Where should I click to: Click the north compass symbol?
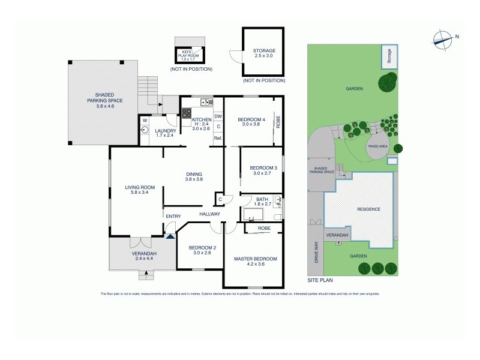pos(442,38)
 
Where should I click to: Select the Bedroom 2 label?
pos(199,250)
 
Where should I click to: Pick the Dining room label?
pos(194,176)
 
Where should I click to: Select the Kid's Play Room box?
pos(189,55)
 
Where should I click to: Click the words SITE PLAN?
pos(319,280)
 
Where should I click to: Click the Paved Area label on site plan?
pos(379,146)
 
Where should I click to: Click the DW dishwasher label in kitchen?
pos(218,116)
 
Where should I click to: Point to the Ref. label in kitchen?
pos(218,139)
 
